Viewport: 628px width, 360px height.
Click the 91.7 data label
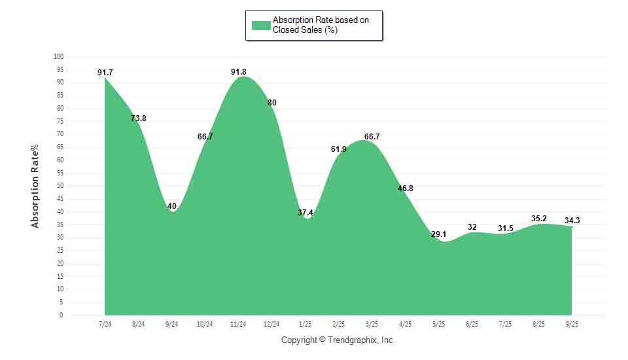pos(105,73)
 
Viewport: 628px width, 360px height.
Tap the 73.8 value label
pos(138,118)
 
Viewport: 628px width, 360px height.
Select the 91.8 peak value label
pos(239,72)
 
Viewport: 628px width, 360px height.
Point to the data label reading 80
pos(272,103)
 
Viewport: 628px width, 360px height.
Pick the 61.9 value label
pos(339,149)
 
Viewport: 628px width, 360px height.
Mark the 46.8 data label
pos(406,189)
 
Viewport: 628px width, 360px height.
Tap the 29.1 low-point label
pos(439,234)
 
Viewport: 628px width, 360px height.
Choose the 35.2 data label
pos(539,218)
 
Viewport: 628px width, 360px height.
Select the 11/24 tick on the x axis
pos(238,324)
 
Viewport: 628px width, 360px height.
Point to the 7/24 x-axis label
pos(105,324)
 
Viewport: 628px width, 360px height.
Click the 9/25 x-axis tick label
pos(572,324)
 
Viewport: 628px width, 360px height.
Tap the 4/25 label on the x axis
pos(406,324)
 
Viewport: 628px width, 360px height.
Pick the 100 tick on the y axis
pos(59,56)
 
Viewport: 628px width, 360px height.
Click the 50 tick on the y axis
pos(60,186)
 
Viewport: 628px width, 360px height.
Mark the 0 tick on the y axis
pos(61,315)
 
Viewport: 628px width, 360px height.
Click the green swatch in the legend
pos(261,26)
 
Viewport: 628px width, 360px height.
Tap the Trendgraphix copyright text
pos(338,340)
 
